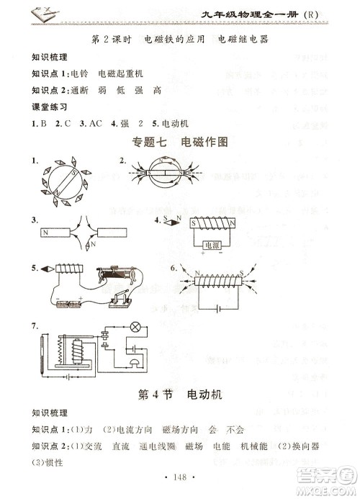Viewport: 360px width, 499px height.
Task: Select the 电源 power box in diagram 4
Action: coord(211,245)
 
